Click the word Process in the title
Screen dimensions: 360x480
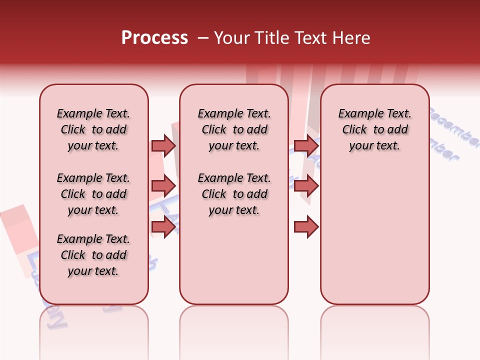[154, 38]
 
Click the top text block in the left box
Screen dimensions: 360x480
[93, 129]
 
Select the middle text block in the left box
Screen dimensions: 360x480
[93, 194]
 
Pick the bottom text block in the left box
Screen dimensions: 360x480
[93, 255]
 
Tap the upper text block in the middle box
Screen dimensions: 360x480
[234, 129]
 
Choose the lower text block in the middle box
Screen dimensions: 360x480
[234, 194]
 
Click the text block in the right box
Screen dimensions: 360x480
[374, 129]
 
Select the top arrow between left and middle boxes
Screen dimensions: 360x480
[163, 145]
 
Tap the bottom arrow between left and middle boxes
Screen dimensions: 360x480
[163, 227]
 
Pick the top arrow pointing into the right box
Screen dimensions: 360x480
[306, 145]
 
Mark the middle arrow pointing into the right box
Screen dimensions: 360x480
[306, 186]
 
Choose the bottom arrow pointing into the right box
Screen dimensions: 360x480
[306, 227]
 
